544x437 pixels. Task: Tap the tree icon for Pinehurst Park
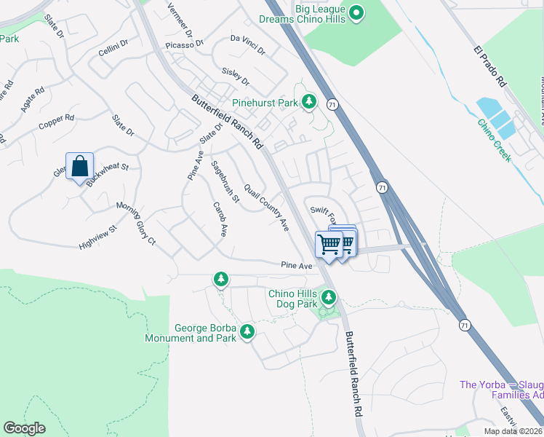tap(309, 102)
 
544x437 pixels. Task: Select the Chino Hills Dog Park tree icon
tap(329, 297)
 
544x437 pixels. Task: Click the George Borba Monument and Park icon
tap(247, 332)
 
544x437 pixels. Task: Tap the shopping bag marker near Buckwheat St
tap(79, 167)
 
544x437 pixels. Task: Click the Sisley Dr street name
tap(235, 76)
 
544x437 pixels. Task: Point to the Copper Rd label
tap(57, 121)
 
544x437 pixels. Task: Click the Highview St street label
tap(97, 239)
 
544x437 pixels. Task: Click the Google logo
tap(24, 428)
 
